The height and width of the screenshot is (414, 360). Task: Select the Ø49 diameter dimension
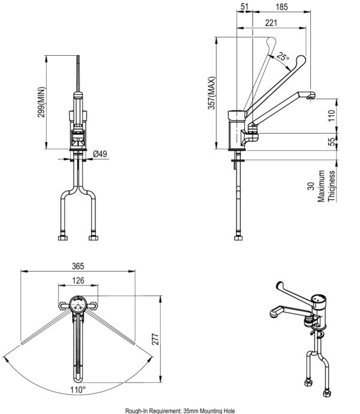pos(100,154)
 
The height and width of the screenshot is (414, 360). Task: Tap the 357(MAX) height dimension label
pos(211,93)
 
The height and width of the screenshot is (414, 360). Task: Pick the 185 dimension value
pos(281,7)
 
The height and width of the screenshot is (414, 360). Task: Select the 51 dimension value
pos(244,7)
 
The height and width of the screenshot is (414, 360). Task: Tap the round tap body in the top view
pos(78,304)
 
